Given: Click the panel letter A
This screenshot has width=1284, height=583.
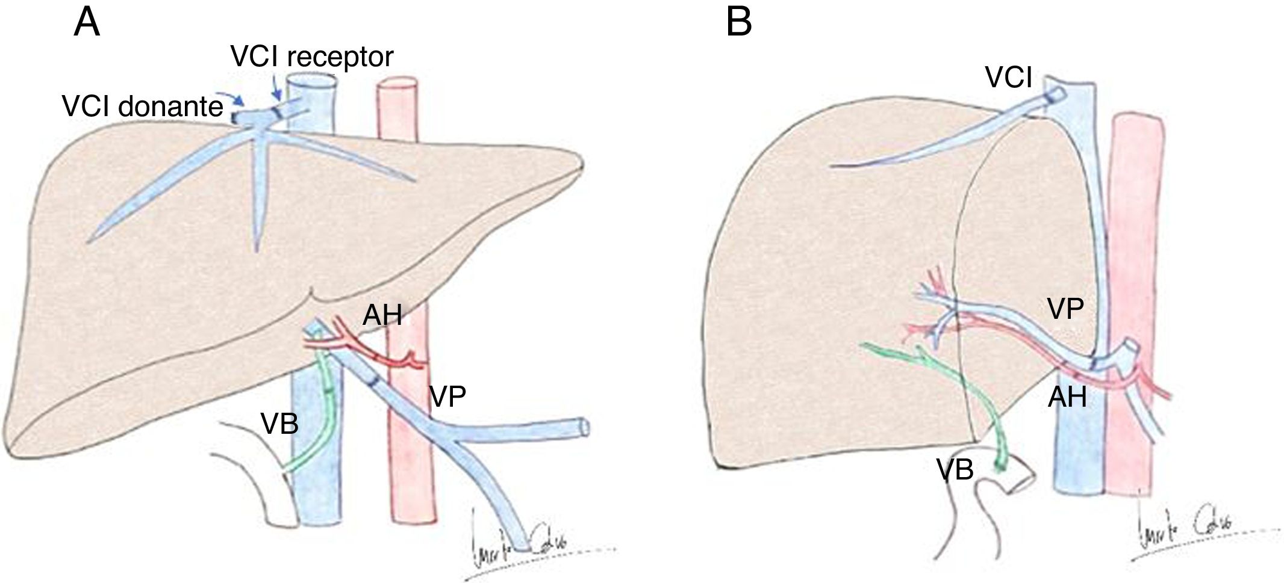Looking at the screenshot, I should coord(87,25).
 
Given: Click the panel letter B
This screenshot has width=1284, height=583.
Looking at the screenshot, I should coord(739,23).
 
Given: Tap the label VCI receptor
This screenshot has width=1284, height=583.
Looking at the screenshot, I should coord(312,57).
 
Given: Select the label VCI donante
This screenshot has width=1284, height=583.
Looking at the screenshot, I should coord(143,108).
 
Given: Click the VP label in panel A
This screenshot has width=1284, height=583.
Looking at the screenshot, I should coord(448,396).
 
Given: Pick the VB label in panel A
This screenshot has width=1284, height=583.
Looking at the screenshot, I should coord(280,424).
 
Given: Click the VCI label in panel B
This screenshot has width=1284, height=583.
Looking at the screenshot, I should coord(1009,78).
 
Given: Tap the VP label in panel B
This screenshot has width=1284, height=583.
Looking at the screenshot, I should coord(1065,309).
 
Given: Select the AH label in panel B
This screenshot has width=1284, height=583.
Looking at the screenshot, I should coord(1068,398).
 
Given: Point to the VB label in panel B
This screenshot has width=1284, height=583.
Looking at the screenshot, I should coord(955,469).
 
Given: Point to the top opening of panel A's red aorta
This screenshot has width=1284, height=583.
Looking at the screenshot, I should coord(397,84).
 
